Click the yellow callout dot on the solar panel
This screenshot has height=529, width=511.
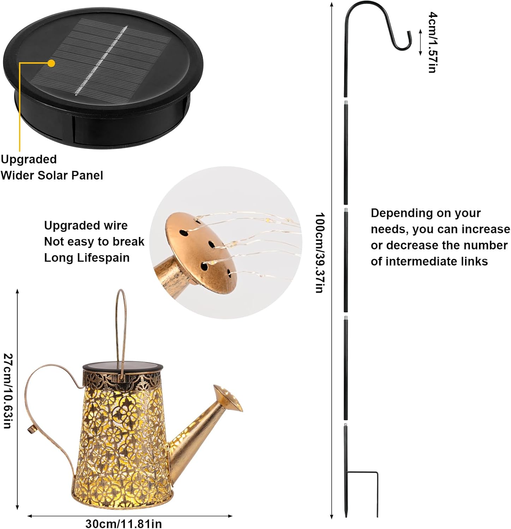coord(52,63)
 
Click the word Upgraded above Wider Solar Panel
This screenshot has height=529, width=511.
coord(29,159)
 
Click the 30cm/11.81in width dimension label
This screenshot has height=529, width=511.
coord(124,524)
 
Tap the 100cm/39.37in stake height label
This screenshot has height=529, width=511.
coord(320,253)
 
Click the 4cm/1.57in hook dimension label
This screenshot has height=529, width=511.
coord(433,42)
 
